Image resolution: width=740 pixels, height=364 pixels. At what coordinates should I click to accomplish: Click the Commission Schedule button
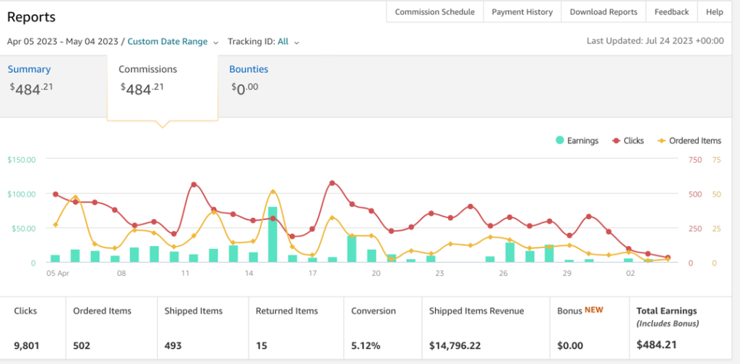pos(434,12)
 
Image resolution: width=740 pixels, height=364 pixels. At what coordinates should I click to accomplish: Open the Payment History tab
pos(522,12)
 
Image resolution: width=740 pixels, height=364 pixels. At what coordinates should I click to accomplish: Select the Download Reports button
pos(603,12)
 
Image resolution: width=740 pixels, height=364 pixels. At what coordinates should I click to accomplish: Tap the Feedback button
pos(671,12)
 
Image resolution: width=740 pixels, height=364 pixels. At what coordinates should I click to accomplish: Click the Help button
pos(715,12)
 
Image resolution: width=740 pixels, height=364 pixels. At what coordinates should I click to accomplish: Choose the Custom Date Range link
pos(168,41)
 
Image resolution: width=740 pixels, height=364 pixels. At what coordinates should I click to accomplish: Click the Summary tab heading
pos(29,69)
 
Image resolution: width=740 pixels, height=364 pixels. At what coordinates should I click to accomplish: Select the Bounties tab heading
pos(249,69)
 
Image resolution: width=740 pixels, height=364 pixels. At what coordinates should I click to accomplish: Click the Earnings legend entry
pos(577,140)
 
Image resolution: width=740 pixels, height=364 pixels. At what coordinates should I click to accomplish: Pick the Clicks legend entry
pos(628,140)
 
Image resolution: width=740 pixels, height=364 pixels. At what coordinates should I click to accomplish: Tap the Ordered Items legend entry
pos(689,140)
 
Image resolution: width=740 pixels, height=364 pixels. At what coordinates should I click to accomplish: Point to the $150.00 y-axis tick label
pos(21,160)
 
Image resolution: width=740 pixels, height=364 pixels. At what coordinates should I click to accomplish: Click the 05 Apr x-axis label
pos(58,274)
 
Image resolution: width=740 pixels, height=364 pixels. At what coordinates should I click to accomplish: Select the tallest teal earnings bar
pos(272,234)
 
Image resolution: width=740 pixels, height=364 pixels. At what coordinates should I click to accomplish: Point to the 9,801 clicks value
pos(27,346)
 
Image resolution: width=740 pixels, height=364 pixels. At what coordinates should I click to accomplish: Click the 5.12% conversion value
pos(366,346)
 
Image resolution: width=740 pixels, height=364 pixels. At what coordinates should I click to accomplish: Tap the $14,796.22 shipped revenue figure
pos(455,346)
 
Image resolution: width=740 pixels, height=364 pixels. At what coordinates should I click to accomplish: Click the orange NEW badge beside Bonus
pos(594,310)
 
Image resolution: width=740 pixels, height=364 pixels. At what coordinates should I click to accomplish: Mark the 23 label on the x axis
pos(439,274)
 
